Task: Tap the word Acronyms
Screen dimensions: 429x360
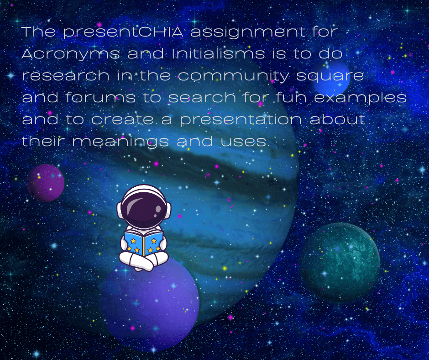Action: click(71, 54)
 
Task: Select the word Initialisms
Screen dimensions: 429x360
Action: click(218, 53)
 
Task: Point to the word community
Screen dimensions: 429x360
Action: click(233, 76)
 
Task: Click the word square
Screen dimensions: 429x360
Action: click(330, 76)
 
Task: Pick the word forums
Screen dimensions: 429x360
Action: click(100, 97)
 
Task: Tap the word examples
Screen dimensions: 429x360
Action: click(360, 98)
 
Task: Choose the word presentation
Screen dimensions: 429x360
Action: click(241, 120)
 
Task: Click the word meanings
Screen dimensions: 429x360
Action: click(120, 142)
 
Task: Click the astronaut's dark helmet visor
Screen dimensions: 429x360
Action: click(144, 208)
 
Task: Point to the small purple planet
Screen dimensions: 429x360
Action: click(46, 183)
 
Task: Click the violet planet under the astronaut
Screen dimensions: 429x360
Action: click(150, 303)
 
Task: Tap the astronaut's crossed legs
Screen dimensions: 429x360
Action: click(143, 261)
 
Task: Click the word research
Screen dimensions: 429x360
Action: click(65, 76)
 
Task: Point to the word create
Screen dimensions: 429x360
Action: click(122, 120)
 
